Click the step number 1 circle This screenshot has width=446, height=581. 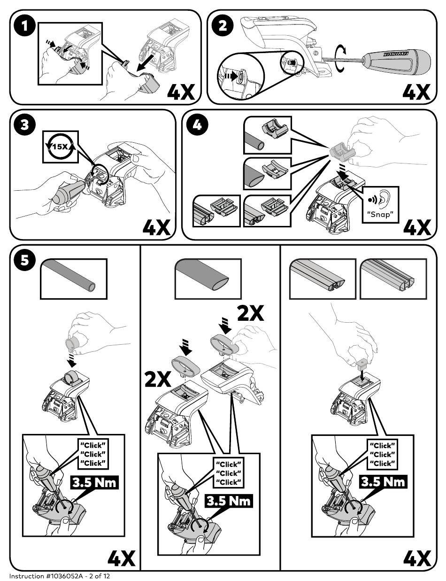pos(25,26)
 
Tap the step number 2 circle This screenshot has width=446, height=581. pos(223,26)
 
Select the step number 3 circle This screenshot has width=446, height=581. pos(25,125)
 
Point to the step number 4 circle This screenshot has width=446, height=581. pos(197,125)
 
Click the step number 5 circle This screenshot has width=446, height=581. pos(25,260)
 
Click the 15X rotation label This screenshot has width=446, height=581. pos(61,147)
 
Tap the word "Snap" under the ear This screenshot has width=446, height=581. pos(381,214)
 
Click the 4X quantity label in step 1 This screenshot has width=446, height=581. pos(181,92)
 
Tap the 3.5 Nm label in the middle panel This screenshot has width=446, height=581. pos(229,501)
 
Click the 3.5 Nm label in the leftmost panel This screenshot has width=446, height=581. pos(94,482)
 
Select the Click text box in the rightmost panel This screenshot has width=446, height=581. pos(382,454)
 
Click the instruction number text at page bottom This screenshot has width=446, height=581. pos(59,576)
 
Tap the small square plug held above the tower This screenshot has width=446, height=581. pos(362,364)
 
